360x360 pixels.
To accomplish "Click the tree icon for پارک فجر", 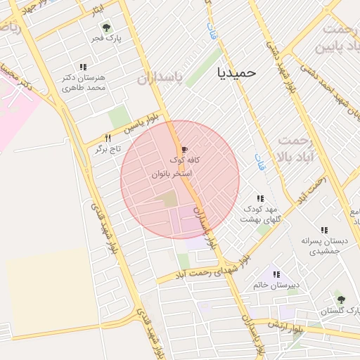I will (x=106, y=28).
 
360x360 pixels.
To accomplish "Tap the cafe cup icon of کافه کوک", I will (x=184, y=150).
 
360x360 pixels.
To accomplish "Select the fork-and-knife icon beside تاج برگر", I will (x=108, y=139).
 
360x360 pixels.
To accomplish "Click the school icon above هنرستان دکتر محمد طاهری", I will (x=84, y=67).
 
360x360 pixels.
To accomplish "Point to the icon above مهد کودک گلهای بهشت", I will (x=260, y=199).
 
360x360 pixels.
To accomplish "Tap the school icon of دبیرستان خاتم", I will (x=276, y=275).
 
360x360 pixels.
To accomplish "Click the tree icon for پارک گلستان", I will (x=340, y=300).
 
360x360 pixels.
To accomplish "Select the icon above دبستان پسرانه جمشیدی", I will (x=324, y=230).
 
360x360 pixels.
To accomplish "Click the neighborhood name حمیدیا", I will (x=238, y=72).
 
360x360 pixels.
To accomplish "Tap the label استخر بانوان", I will (x=171, y=172).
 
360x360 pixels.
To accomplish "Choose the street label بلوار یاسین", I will (x=139, y=123).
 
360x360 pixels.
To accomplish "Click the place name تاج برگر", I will (x=108, y=150).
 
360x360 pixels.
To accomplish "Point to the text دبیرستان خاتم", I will (x=277, y=286).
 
